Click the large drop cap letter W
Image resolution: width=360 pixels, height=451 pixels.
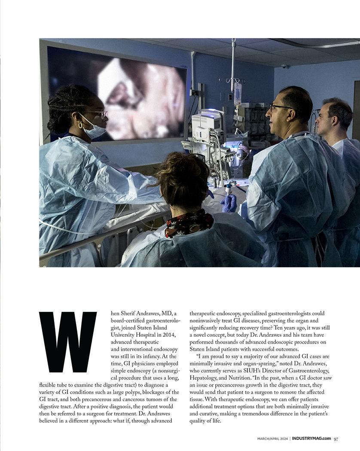68,342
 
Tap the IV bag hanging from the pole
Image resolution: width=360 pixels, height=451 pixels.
238,92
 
